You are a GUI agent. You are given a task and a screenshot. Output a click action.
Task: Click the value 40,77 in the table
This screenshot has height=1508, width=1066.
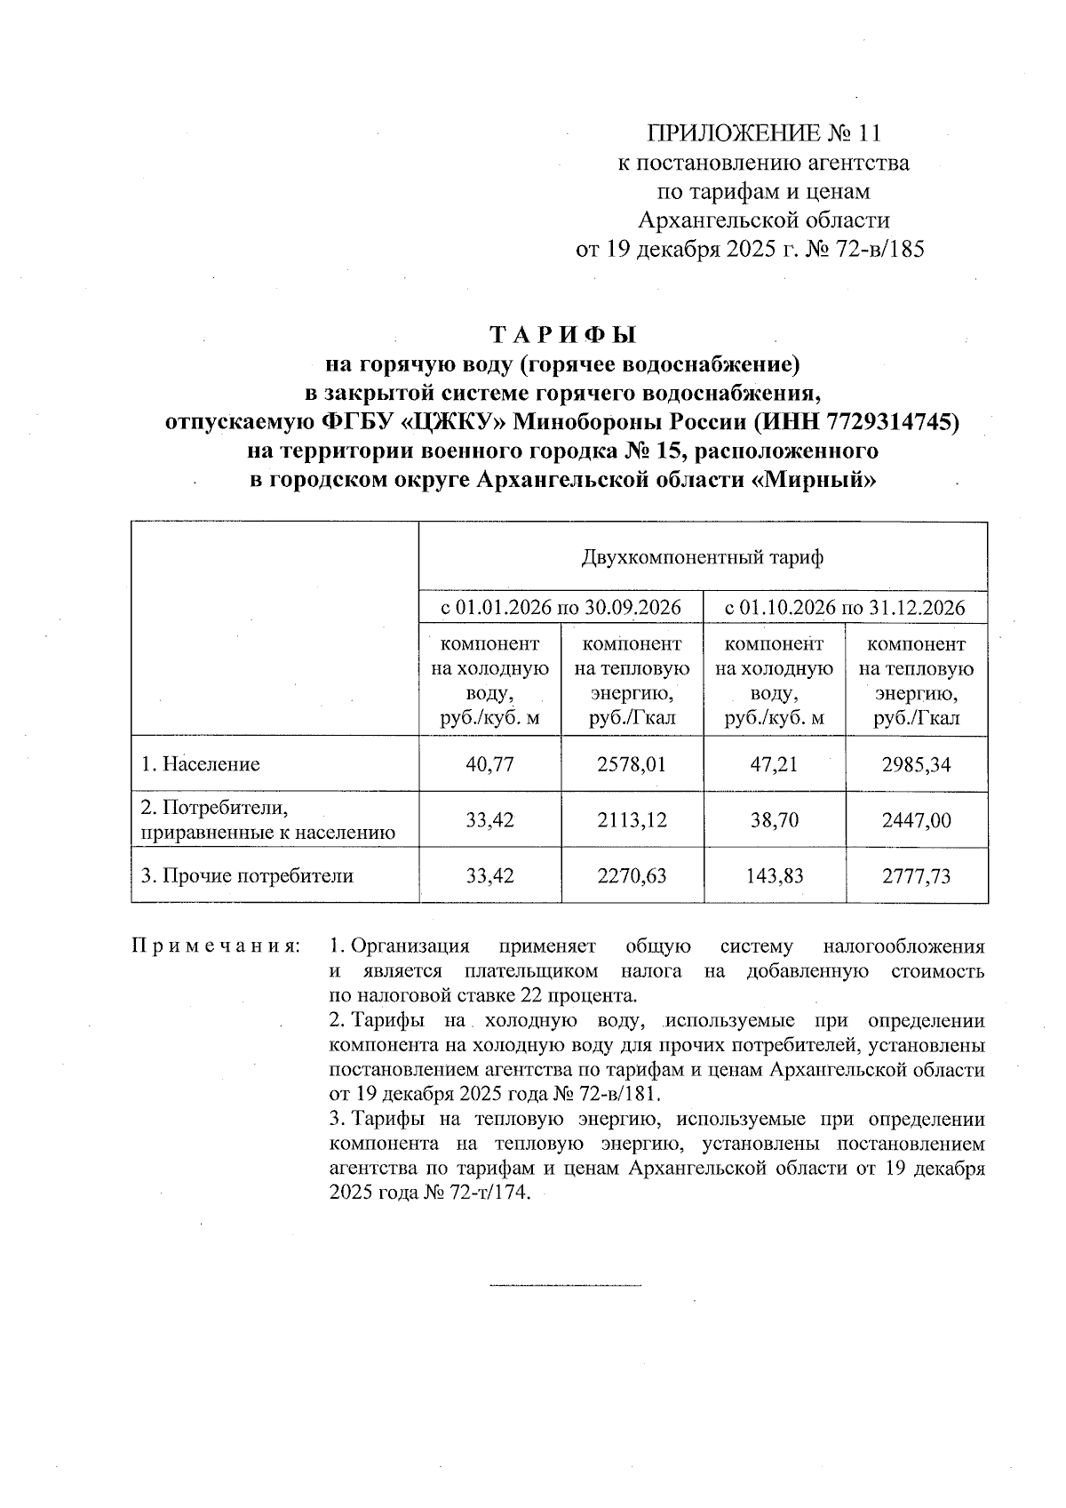click(489, 764)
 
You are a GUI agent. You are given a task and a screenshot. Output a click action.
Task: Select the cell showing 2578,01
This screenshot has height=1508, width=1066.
click(632, 764)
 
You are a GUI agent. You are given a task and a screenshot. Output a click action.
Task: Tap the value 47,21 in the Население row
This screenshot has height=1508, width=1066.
click(774, 764)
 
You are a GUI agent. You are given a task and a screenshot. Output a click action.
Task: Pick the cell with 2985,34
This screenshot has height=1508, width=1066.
click(916, 764)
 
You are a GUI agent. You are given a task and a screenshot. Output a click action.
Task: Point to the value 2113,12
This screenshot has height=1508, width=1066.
click(632, 819)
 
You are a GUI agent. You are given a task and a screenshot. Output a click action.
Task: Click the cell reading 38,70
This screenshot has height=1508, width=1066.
click(774, 819)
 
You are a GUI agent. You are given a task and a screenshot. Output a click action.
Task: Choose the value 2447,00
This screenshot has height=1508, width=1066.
click(916, 819)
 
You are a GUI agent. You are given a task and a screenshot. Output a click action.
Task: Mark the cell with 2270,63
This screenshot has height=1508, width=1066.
click(632, 876)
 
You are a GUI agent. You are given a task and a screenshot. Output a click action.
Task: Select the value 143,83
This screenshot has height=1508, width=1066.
click(774, 876)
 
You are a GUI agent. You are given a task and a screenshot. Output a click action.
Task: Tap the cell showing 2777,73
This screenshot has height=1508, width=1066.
click(916, 876)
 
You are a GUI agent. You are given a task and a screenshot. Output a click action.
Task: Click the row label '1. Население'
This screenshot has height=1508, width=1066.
click(201, 764)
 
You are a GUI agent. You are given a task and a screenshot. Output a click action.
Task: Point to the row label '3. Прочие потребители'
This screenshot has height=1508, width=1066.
click(247, 876)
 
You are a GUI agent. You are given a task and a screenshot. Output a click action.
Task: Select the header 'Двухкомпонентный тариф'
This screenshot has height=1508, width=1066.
click(702, 558)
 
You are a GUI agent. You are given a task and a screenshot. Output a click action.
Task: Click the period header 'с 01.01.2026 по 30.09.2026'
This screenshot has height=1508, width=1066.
click(561, 609)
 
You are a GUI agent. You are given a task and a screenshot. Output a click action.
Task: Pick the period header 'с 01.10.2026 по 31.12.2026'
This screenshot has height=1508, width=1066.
click(845, 609)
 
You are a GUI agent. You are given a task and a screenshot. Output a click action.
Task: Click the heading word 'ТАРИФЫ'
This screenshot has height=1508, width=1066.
click(564, 336)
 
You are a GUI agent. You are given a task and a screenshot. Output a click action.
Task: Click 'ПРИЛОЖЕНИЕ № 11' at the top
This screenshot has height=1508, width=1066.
click(764, 134)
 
